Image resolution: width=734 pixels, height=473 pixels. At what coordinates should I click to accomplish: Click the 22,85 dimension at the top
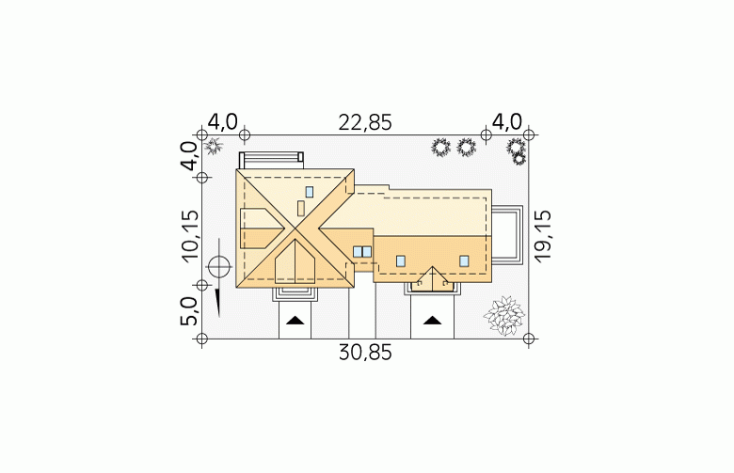[x=365, y=122]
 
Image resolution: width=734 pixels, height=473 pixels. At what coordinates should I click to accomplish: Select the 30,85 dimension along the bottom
[x=365, y=353]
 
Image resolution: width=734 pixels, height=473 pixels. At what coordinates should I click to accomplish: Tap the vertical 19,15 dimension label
[x=543, y=236]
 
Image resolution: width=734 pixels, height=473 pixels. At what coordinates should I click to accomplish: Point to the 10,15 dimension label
[x=190, y=236]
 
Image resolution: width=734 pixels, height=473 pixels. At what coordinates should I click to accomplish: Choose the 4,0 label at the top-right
[x=507, y=122]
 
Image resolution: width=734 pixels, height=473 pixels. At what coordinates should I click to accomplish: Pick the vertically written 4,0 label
[x=190, y=156]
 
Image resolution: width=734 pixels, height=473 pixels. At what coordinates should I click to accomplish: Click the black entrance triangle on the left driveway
[x=295, y=321]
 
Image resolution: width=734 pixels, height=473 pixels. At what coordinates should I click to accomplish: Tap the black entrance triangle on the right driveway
[x=432, y=321]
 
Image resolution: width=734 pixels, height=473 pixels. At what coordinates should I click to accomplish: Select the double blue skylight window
[x=362, y=252]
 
